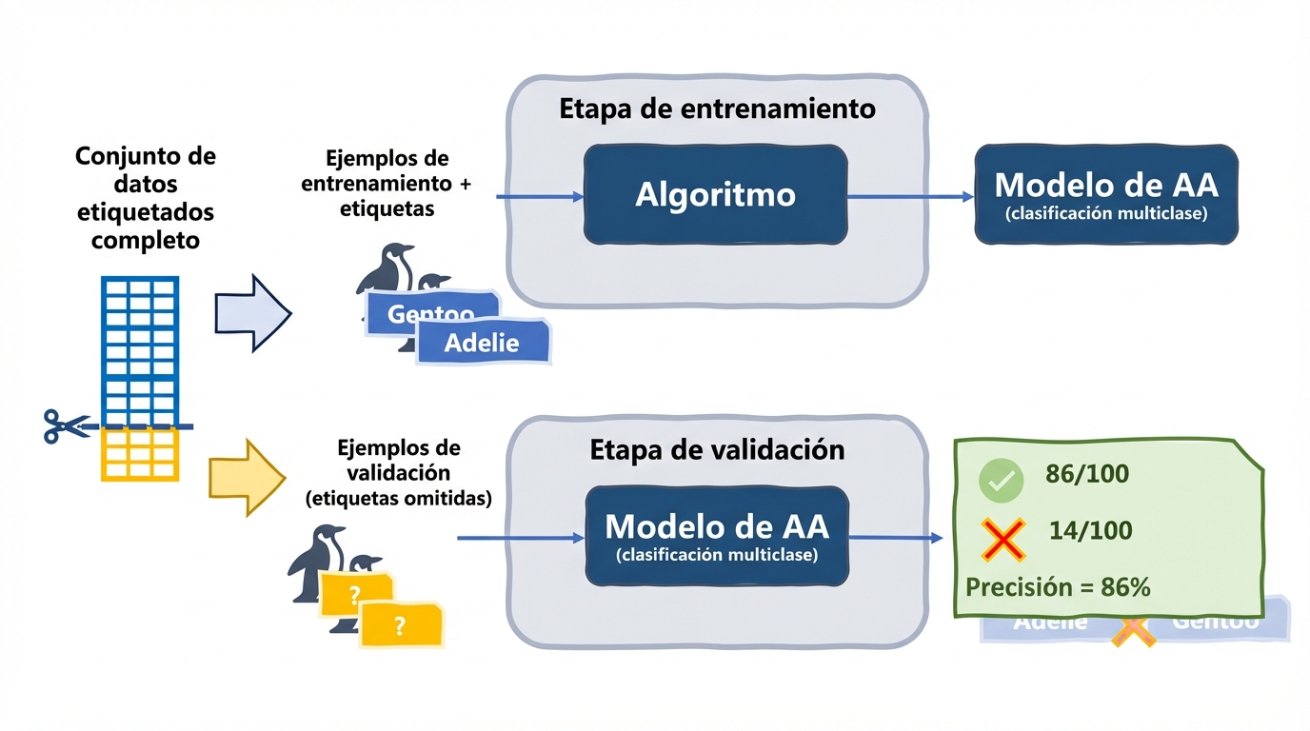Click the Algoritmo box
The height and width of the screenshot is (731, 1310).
coord(715,195)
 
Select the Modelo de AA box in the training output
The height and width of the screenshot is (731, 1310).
coord(1105,195)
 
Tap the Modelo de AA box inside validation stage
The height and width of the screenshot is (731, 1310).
coord(716,536)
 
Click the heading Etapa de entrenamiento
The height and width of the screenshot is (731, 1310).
coord(716,109)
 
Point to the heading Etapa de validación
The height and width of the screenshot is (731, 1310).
coord(716,449)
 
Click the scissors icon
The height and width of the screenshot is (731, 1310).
coord(65,425)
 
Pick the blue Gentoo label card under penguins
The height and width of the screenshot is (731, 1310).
coord(430,312)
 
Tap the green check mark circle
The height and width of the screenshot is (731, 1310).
coord(1001,482)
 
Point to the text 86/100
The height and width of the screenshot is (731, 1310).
coord(1086,474)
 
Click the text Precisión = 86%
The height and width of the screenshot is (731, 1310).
coord(1058,587)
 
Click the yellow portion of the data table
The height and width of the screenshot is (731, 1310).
coord(140,454)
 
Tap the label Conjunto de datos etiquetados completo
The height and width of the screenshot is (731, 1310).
coord(146,198)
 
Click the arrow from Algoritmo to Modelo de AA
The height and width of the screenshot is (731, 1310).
coord(909,196)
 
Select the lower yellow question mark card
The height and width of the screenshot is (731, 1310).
coord(400,624)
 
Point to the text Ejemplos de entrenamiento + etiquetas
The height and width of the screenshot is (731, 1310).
coord(387,183)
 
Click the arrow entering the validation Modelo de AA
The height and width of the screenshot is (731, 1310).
coord(521,538)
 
